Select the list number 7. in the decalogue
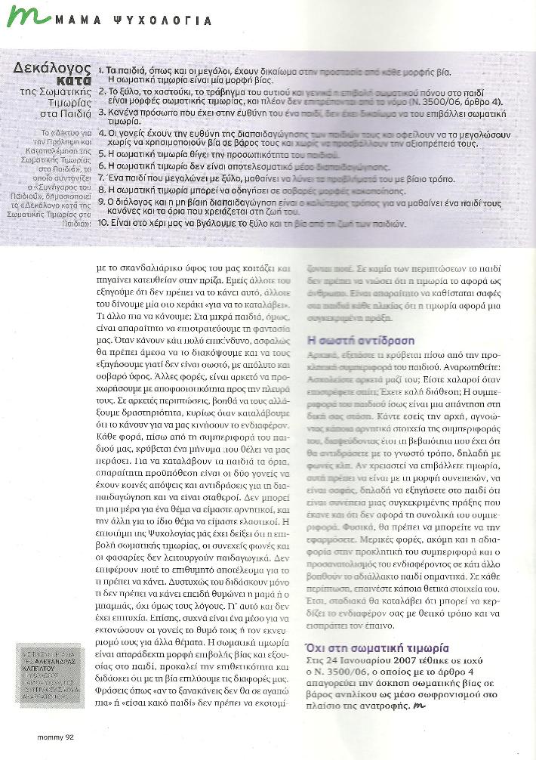pos(102,180)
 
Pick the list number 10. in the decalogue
pos(103,224)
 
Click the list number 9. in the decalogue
pos(102,203)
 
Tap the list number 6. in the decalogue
pos(102,167)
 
